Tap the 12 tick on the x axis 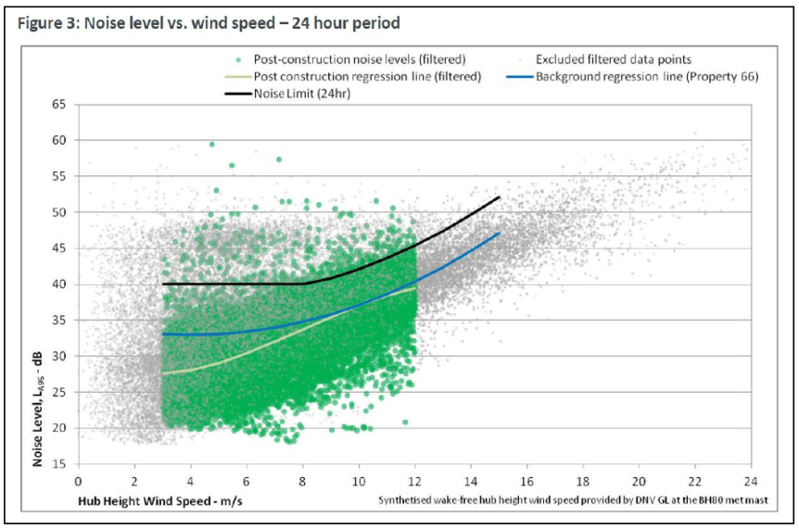coord(414,480)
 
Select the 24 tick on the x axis coord(750,480)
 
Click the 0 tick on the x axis coord(79,480)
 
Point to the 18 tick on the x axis coord(582,480)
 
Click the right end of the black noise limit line coord(500,196)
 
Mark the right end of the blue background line coord(500,233)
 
